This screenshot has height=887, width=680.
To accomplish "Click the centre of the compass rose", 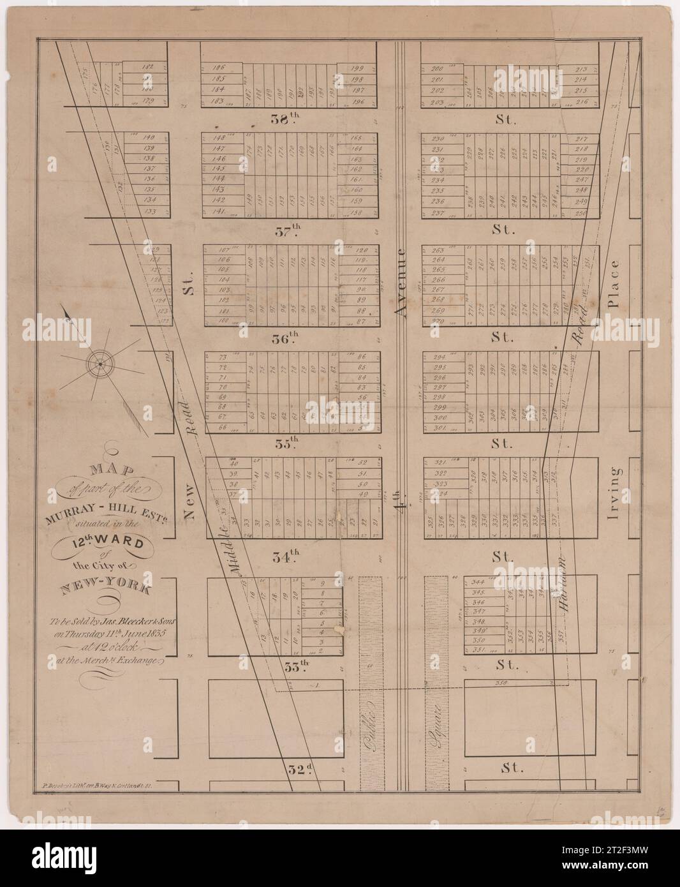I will click(x=100, y=363).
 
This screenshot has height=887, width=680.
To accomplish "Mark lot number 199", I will click(x=357, y=68).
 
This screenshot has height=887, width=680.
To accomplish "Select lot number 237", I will click(x=438, y=212).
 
